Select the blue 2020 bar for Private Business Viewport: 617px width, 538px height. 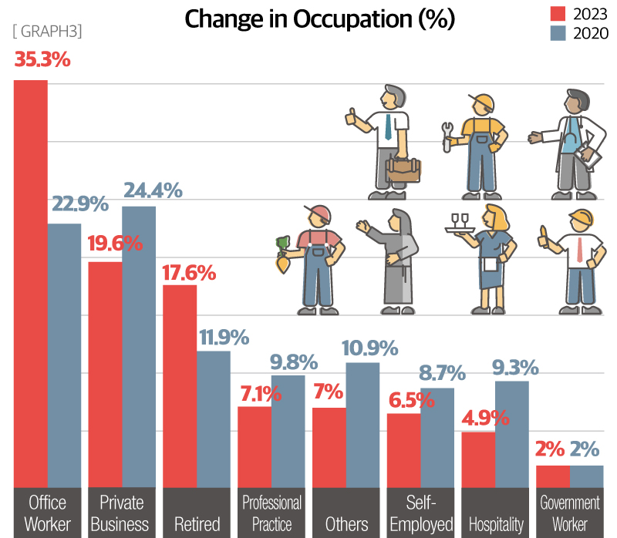click(139, 347)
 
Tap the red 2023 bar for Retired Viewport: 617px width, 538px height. click(180, 385)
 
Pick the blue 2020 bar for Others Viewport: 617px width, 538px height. click(362, 424)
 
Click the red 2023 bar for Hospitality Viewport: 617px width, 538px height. click(478, 459)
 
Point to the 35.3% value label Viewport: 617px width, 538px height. click(42, 59)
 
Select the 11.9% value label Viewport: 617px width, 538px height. click(224, 337)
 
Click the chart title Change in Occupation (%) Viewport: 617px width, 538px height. click(320, 18)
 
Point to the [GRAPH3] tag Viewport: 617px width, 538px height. click(48, 32)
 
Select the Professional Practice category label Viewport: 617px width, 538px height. click(271, 513)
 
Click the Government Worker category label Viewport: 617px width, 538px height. click(569, 513)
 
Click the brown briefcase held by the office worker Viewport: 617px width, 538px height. click(403, 170)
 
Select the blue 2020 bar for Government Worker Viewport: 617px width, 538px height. click(587, 476)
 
